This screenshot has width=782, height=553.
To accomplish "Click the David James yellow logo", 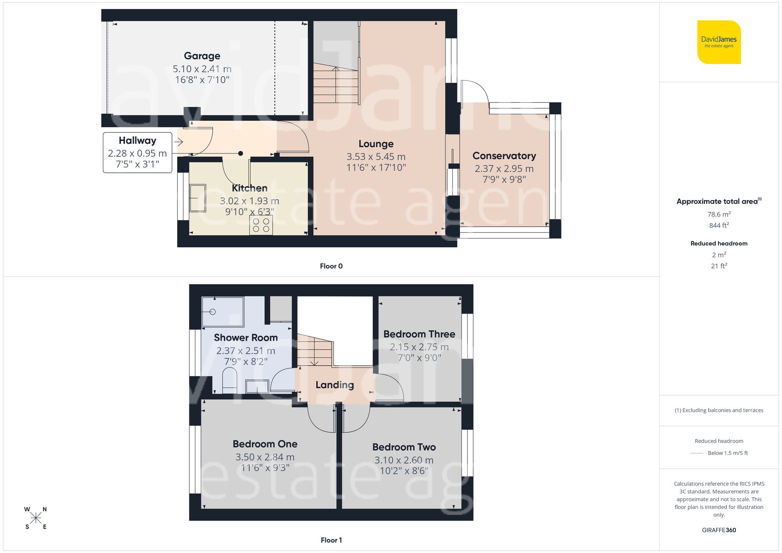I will [x=719, y=42].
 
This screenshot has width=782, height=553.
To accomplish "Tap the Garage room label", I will [x=202, y=56].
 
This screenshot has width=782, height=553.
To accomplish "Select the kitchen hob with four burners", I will [x=261, y=225].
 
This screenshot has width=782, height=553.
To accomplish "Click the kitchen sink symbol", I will [x=197, y=198].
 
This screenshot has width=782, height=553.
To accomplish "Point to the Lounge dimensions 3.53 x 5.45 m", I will [x=376, y=157].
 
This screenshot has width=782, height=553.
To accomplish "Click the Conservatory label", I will [x=504, y=156].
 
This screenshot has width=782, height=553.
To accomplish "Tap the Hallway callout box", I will [x=137, y=152].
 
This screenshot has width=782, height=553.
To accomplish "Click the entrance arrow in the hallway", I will [x=179, y=142].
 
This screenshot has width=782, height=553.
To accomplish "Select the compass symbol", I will [x=36, y=518].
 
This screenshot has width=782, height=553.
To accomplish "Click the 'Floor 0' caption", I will [x=331, y=266].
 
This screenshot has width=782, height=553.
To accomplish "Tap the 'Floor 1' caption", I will [x=331, y=540].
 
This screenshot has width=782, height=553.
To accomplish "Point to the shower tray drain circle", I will [x=213, y=312].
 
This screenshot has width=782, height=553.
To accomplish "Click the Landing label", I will [x=335, y=385].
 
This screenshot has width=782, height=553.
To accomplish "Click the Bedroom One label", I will [x=265, y=444].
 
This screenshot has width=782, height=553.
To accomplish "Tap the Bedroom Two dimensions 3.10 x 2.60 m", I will [x=404, y=460].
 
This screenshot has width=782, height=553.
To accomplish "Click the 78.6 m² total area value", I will [x=719, y=214].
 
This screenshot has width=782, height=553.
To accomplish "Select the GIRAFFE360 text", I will [x=719, y=530].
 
